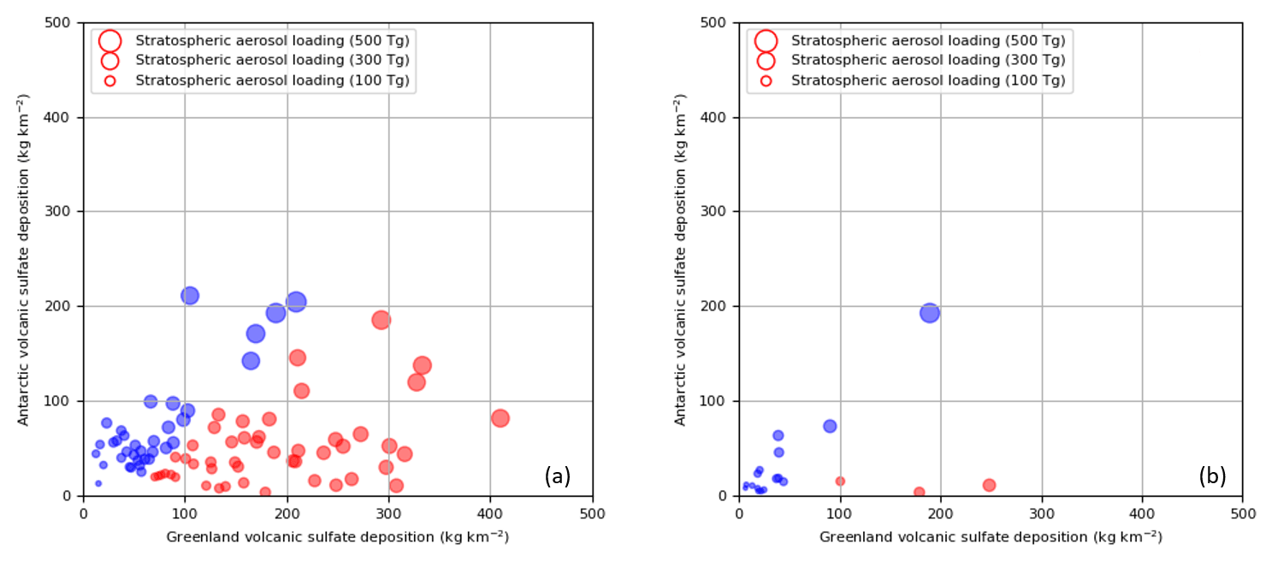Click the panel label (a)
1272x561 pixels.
click(x=557, y=476)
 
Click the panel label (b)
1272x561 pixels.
click(x=1212, y=476)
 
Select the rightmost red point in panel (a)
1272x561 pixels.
click(x=500, y=418)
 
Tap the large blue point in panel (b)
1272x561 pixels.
click(x=930, y=313)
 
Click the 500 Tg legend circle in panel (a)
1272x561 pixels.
click(x=109, y=40)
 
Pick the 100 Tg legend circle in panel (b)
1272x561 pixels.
click(x=766, y=80)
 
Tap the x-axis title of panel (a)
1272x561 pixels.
click(x=337, y=536)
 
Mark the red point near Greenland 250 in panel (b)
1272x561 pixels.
click(x=990, y=485)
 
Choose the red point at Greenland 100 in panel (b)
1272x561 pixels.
click(x=840, y=481)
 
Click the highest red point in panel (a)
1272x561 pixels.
click(x=382, y=320)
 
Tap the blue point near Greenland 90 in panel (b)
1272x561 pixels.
click(x=830, y=426)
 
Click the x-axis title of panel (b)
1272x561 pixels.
click(x=991, y=536)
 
